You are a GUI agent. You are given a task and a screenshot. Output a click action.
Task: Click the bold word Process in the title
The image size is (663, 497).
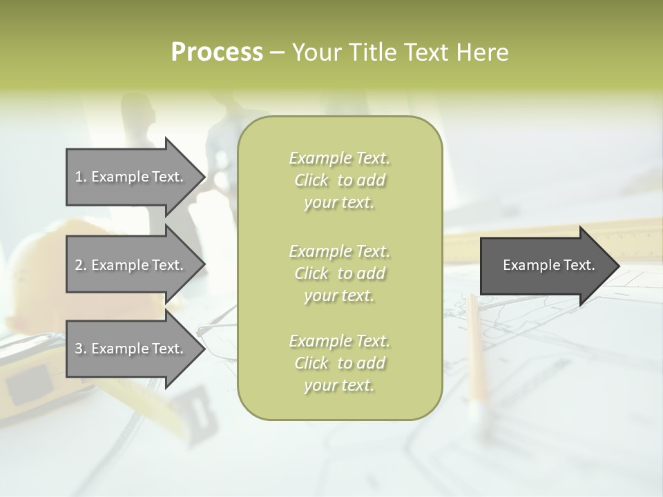point(217,52)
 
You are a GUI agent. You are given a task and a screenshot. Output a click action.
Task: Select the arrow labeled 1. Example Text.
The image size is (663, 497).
point(131,177)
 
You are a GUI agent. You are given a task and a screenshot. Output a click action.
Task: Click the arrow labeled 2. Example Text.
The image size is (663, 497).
point(131,265)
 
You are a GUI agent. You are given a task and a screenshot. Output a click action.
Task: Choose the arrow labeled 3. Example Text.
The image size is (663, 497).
point(131,349)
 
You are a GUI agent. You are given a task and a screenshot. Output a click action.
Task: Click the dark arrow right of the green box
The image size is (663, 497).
point(546,265)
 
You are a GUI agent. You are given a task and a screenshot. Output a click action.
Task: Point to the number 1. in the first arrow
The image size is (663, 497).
point(81,177)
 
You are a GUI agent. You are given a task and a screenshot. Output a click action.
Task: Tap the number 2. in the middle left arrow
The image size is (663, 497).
point(81,265)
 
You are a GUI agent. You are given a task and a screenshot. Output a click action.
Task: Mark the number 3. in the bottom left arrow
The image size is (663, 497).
point(81,349)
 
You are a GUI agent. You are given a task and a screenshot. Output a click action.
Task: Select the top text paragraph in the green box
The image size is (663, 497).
point(339,180)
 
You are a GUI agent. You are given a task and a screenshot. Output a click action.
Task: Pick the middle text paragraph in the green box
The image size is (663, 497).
point(339,273)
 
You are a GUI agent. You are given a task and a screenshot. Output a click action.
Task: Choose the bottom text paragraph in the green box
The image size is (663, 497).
point(339,363)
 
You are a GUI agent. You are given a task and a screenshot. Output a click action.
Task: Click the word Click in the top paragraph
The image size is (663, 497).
point(311,180)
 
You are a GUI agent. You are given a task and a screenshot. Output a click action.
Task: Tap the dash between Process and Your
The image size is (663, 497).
point(277,52)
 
